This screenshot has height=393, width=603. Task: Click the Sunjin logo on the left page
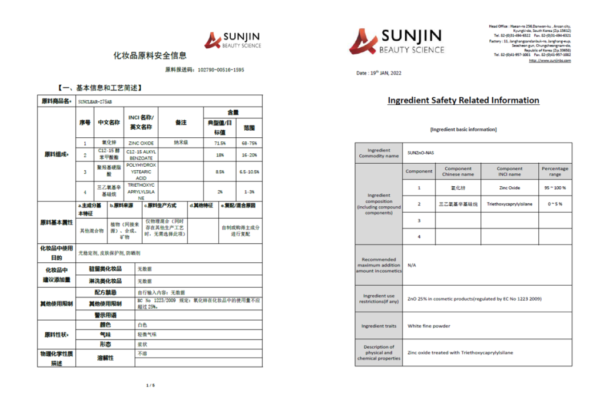[x=231, y=40]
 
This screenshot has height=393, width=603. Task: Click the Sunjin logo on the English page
[x=396, y=41]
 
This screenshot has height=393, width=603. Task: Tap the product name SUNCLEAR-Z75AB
[x=95, y=101]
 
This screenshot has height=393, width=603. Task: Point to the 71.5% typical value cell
[x=220, y=143]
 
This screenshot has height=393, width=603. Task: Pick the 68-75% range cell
[x=249, y=143]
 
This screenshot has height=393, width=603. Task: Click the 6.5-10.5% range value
[x=249, y=172]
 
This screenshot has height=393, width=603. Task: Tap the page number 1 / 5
[x=150, y=385]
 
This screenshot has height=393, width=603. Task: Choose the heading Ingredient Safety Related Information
[x=463, y=100]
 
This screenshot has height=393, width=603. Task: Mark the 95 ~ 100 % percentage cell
[x=555, y=188]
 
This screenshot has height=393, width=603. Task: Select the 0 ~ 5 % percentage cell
[x=555, y=204]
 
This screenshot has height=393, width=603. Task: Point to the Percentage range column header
[x=555, y=171]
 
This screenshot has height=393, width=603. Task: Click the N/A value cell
[x=412, y=265]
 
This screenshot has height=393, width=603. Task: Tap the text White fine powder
[x=429, y=326]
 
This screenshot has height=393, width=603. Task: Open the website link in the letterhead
[x=549, y=61]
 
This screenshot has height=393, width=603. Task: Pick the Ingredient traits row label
[x=379, y=326]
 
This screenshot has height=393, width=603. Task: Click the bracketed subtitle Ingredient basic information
[x=463, y=129]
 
